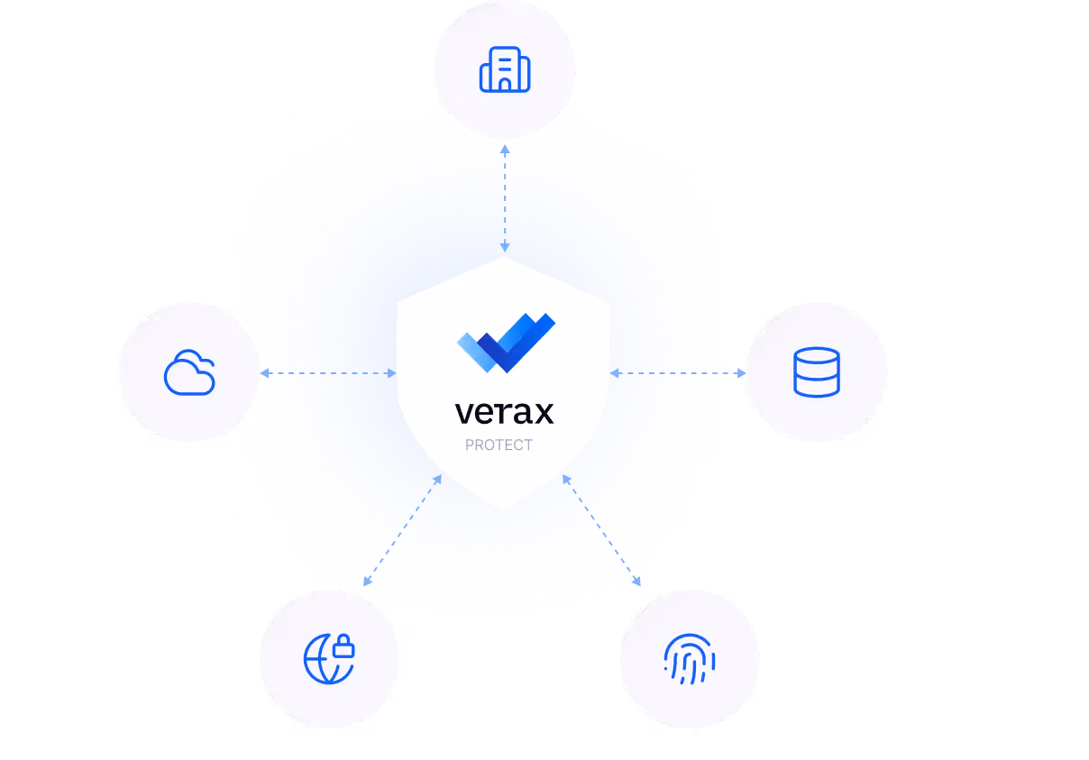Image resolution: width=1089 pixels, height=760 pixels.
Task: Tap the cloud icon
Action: coord(189,373)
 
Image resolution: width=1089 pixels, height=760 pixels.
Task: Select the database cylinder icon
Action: coord(816,372)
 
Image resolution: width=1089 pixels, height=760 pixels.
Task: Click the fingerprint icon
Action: coord(690,659)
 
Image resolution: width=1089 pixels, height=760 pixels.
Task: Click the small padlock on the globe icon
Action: coord(343,646)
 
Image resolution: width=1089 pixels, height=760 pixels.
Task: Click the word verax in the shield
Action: coord(504,412)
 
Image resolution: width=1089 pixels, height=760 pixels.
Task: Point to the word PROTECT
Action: coord(499,444)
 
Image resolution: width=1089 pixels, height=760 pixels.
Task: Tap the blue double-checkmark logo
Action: coord(506,343)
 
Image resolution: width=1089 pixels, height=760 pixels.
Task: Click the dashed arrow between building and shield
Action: coord(505,197)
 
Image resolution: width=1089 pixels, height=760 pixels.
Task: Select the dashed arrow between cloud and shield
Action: coord(328,373)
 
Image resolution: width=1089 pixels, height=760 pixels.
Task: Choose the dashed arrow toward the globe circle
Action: coord(404,529)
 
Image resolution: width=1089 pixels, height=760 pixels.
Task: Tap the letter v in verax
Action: coord(463,413)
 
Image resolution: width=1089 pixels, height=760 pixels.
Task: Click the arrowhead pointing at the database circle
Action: coord(742,372)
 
